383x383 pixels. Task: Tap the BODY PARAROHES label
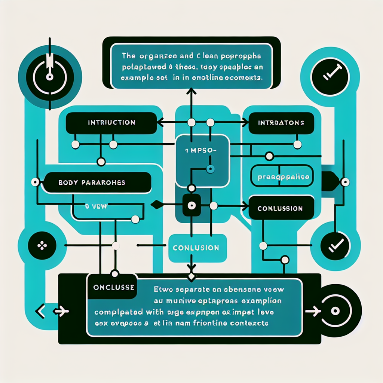[x=97, y=183]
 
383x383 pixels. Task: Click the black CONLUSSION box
[x=280, y=208]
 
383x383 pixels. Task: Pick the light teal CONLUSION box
[x=196, y=248]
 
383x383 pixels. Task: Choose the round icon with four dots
[x=42, y=246]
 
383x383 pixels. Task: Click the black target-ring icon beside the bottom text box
[x=335, y=310]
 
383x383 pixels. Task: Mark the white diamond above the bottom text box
[x=191, y=277]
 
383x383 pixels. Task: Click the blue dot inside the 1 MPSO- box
[x=210, y=169]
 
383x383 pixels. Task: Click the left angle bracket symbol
[x=39, y=310]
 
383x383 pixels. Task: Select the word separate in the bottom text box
[x=192, y=289]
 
